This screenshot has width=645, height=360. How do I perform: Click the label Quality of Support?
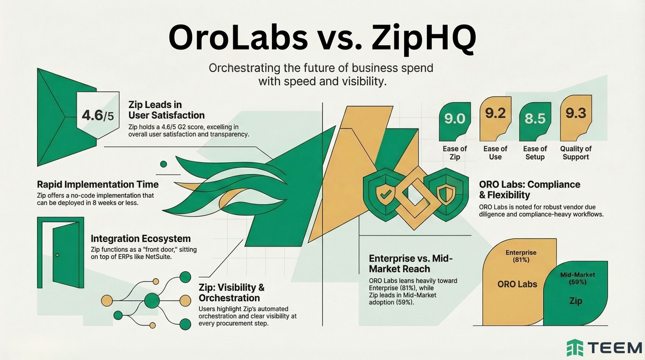pyautogui.click(x=575, y=153)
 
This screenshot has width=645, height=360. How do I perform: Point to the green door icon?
pyautogui.click(x=60, y=253)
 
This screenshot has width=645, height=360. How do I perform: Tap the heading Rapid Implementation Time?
pyautogui.click(x=98, y=184)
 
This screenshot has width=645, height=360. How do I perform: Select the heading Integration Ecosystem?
pyautogui.click(x=141, y=239)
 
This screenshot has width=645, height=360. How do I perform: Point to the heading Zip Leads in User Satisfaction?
pyautogui.click(x=166, y=110)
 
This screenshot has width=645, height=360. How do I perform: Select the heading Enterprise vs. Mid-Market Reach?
pyautogui.click(x=411, y=264)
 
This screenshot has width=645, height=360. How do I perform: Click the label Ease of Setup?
pyautogui.click(x=535, y=153)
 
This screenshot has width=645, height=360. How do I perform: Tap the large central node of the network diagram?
pyautogui.click(x=151, y=299)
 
